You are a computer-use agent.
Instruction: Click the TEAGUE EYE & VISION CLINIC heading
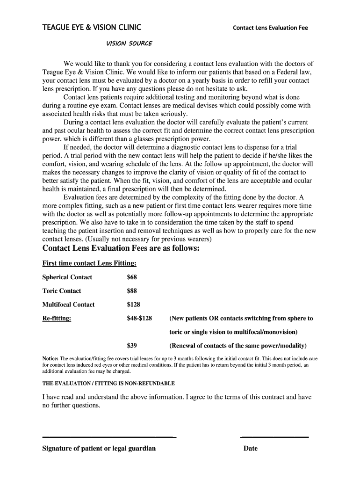tap(92, 27)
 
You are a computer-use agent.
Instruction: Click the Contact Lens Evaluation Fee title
tap(270, 28)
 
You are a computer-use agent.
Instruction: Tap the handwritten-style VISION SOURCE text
tap(130, 44)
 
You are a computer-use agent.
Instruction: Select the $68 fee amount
tap(132, 277)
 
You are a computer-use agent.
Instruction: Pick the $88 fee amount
tap(132, 290)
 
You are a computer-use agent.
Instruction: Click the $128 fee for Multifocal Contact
tap(134, 305)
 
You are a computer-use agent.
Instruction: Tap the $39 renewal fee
tap(132, 346)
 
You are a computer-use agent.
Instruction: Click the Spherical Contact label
tap(67, 277)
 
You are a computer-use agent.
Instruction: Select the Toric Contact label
tap(62, 290)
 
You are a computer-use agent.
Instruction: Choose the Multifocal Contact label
tap(69, 305)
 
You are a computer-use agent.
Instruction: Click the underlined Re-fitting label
tap(57, 319)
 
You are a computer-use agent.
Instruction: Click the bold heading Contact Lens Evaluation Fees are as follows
tap(121, 248)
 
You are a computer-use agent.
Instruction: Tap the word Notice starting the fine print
tap(50, 359)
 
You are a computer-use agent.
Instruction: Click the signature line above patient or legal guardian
tap(109, 437)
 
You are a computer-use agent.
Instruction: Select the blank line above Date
tap(274, 437)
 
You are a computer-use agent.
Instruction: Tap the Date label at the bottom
tap(251, 449)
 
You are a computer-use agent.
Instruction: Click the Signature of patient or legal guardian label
tap(99, 449)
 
